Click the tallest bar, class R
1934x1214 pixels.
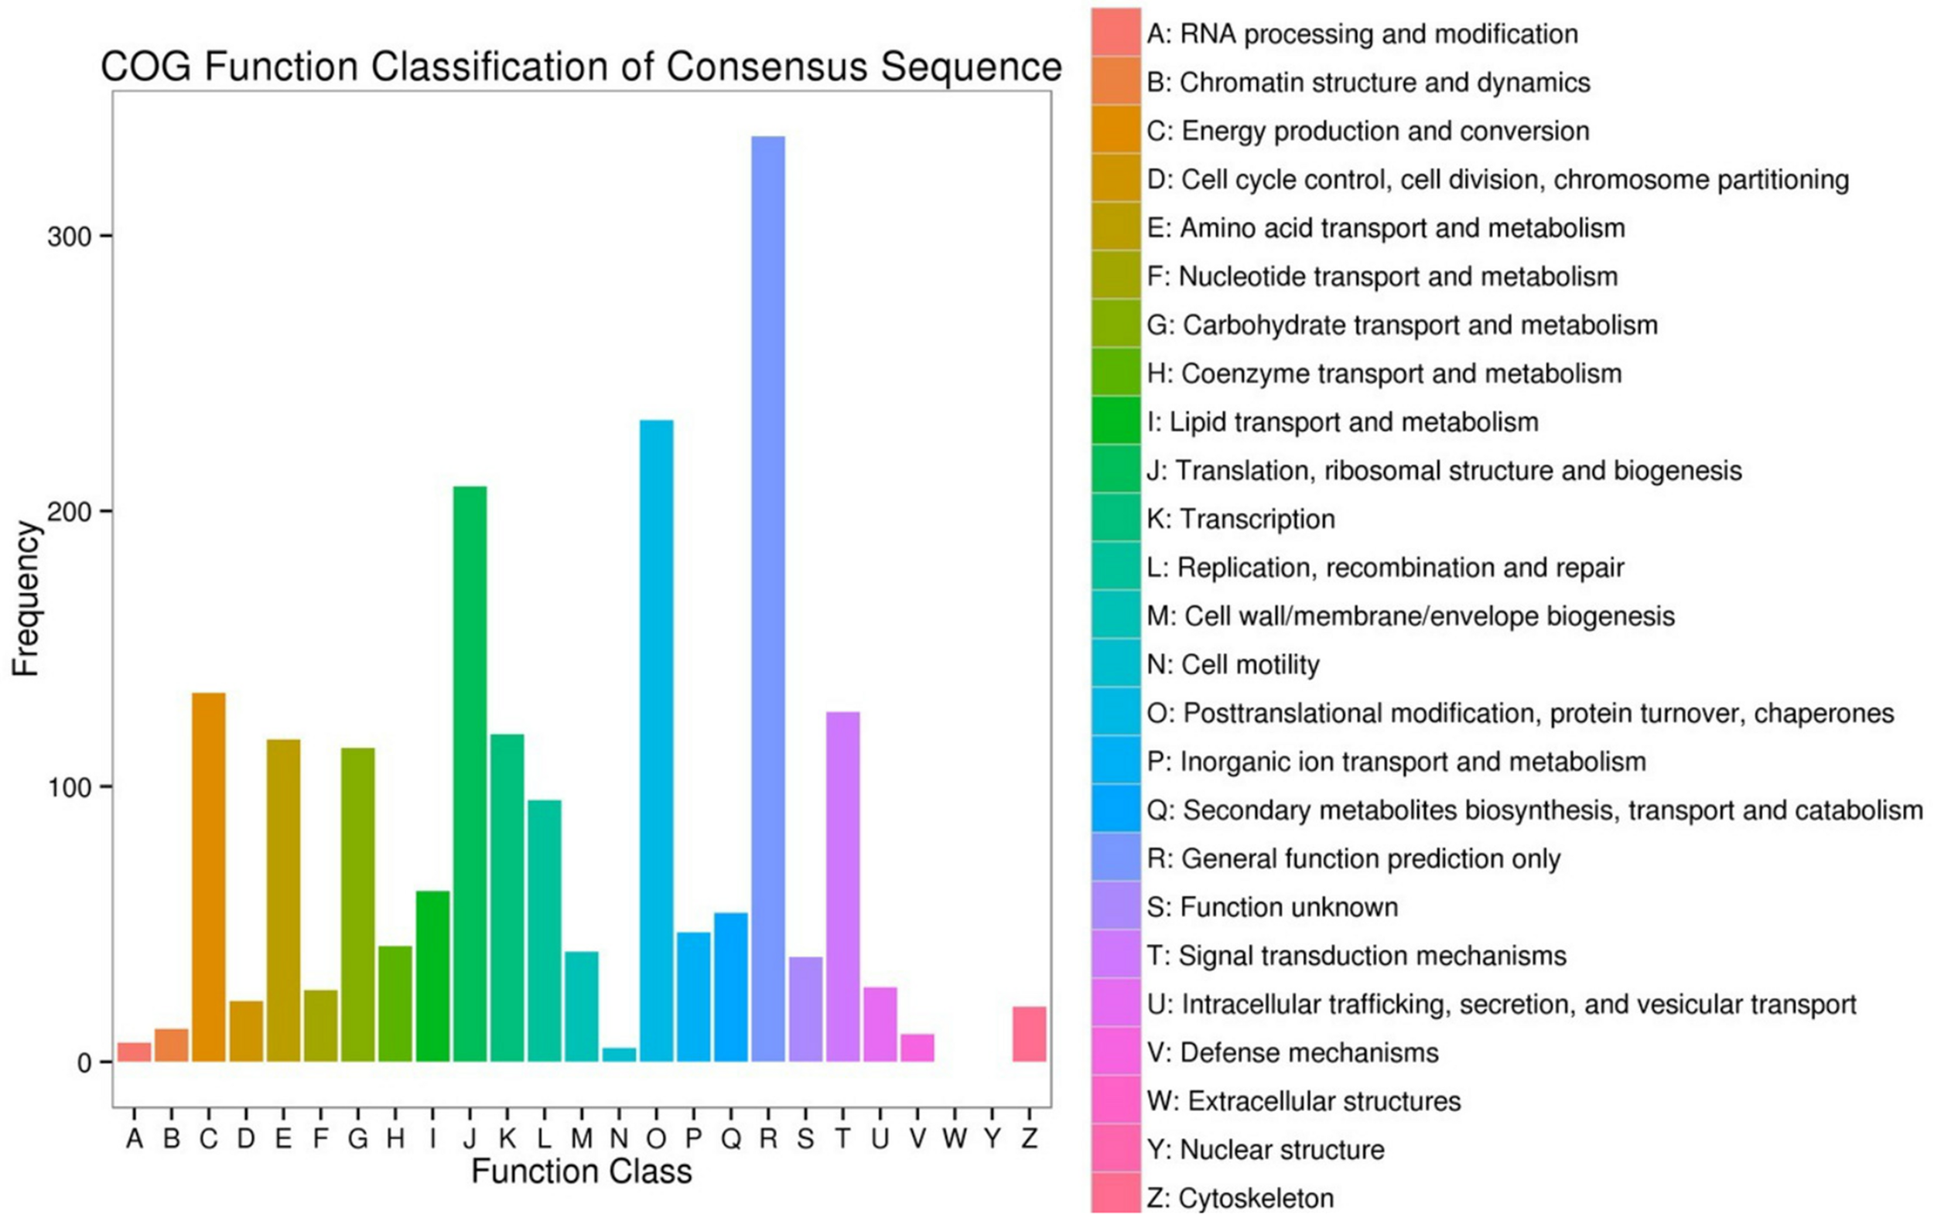coord(768,598)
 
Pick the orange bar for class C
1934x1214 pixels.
coord(209,877)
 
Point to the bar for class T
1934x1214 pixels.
coord(842,886)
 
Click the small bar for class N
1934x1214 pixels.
coord(619,1054)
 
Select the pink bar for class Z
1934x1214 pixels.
coord(1029,1033)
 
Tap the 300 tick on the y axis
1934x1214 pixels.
coord(68,237)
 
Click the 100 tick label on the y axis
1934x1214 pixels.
coord(68,788)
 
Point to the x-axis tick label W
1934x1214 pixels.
coord(955,1137)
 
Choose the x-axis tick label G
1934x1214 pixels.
coord(358,1137)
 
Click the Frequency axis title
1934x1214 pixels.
coord(26,598)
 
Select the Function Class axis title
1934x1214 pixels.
coord(582,1171)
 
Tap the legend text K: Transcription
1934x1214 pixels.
coord(1241,520)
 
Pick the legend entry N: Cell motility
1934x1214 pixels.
coord(1233,665)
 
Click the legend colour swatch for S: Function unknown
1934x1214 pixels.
coord(1116,905)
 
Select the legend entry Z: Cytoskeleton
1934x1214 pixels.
coord(1240,1198)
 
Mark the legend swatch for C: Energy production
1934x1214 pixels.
coord(1116,129)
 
